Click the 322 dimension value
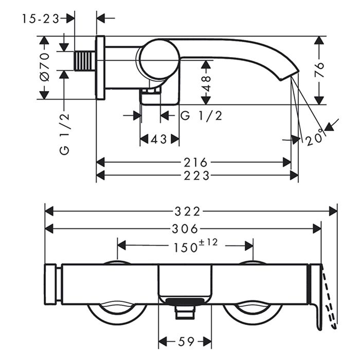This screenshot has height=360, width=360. (187, 211)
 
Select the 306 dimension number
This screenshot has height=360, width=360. (185, 229)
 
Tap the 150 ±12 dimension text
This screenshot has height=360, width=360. (195, 246)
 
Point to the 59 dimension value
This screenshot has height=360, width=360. (186, 341)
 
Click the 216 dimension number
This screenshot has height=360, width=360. (195, 163)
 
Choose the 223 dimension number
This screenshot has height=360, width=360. (196, 176)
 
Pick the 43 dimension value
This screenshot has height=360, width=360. (158, 139)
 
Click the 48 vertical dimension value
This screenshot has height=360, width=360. (206, 83)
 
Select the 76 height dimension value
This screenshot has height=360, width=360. (319, 69)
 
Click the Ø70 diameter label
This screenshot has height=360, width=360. (45, 67)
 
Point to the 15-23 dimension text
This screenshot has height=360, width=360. (41, 19)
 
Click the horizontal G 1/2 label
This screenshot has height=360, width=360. (202, 116)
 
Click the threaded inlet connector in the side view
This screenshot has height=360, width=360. (85, 61)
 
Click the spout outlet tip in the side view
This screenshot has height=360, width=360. (290, 76)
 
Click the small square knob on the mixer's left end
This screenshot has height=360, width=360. (50, 284)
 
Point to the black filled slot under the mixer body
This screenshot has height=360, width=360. (185, 301)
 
